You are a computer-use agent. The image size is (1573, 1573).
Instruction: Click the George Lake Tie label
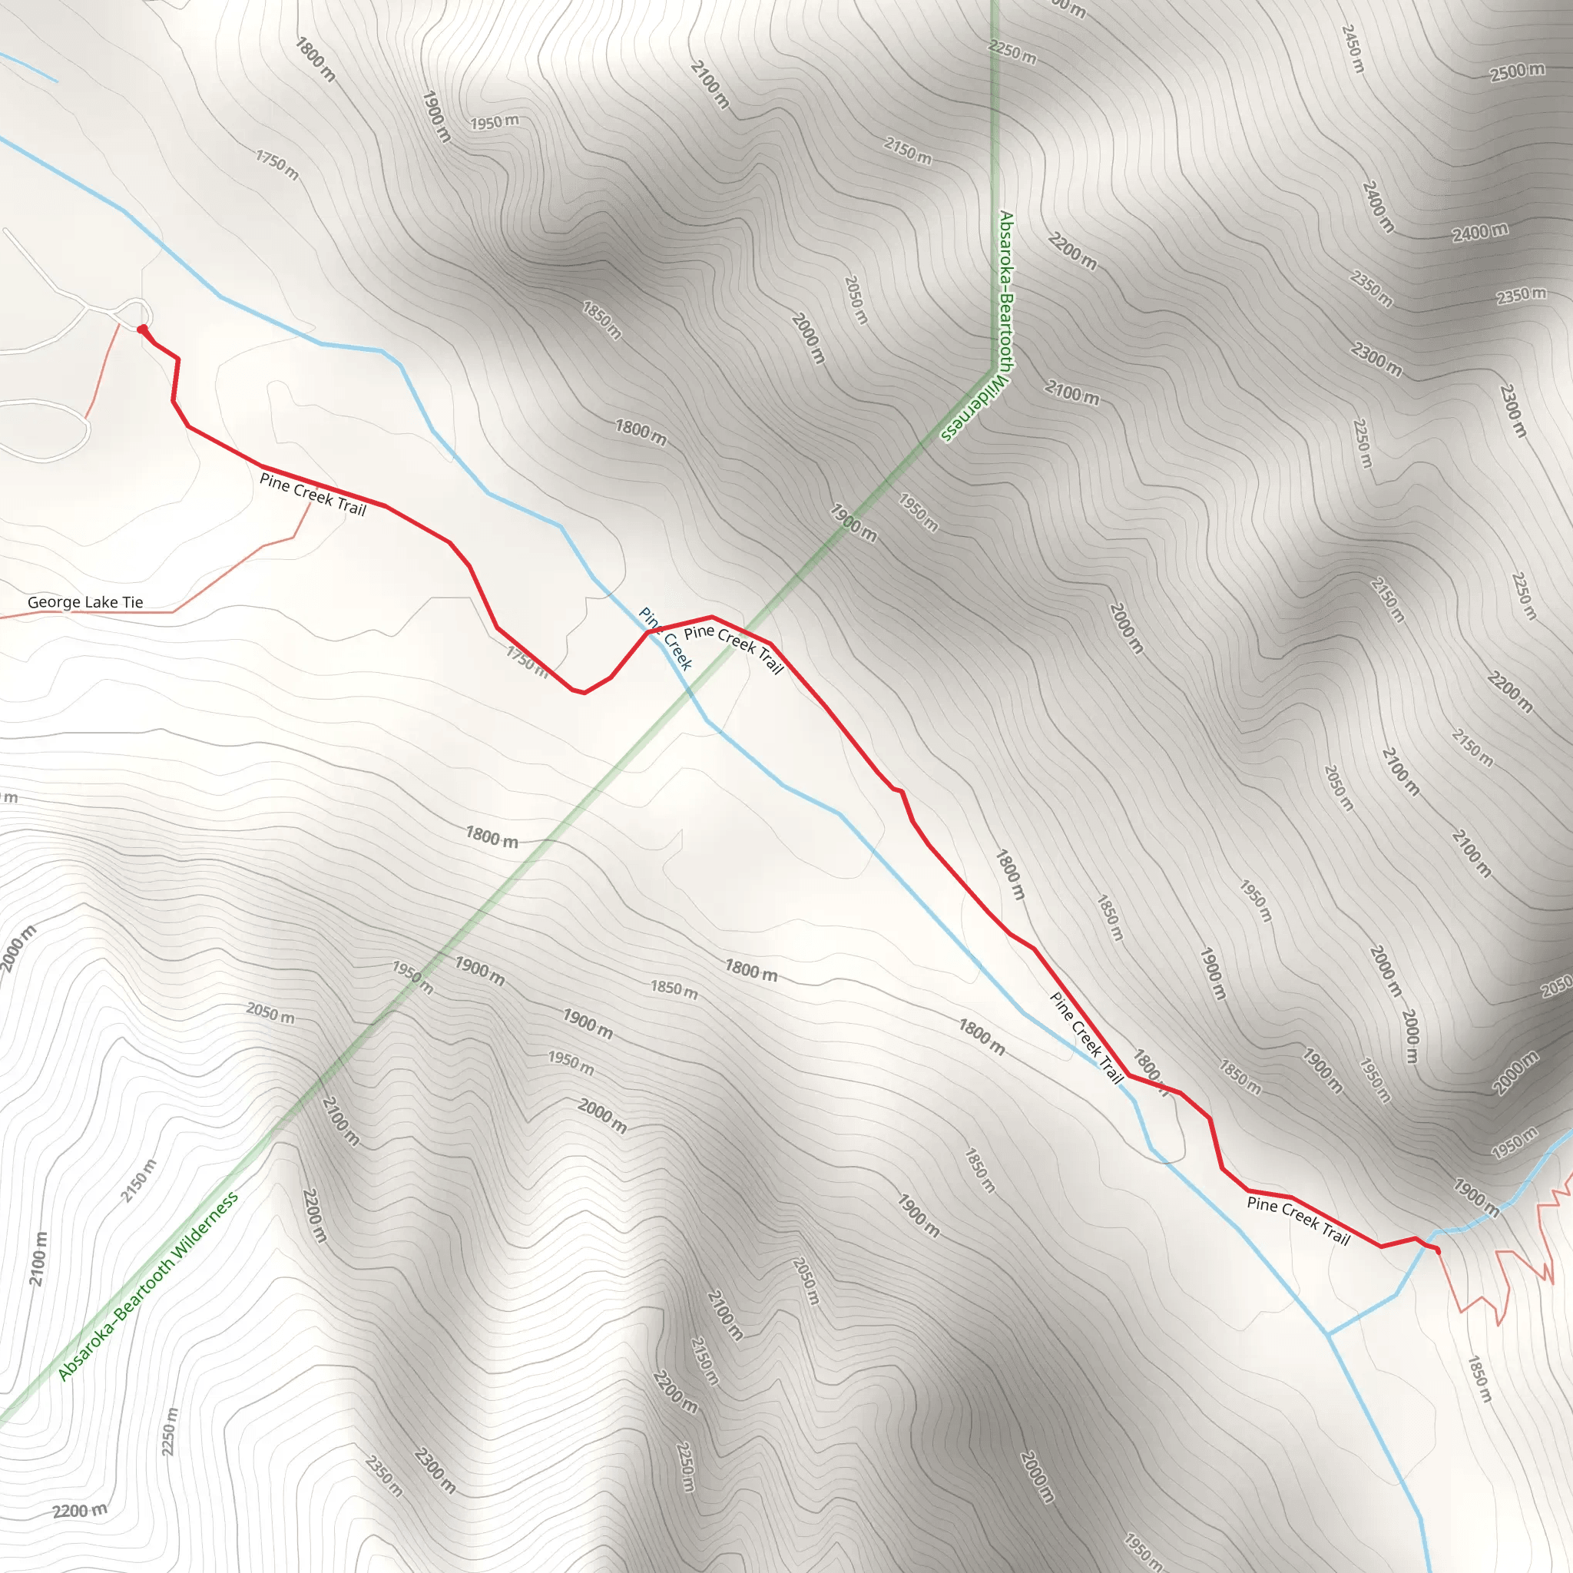click(84, 602)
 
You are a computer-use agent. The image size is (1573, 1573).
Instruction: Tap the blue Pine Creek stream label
click(665, 639)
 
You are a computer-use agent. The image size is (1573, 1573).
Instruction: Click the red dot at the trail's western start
click(143, 330)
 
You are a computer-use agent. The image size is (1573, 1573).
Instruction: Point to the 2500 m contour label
click(1517, 71)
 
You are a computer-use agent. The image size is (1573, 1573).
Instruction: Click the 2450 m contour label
click(1353, 48)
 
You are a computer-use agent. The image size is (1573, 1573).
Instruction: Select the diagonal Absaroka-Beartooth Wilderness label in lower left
click(148, 1287)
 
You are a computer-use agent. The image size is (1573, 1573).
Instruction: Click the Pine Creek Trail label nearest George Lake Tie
click(313, 494)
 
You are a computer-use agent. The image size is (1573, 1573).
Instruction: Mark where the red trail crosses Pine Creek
click(651, 631)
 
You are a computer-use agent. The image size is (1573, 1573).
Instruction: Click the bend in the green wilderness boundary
click(993, 370)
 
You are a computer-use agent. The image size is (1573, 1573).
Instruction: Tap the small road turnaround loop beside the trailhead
click(134, 312)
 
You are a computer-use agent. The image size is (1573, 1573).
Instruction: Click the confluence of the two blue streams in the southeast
click(1328, 1334)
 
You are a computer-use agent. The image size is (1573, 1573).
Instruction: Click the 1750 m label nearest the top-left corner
click(277, 164)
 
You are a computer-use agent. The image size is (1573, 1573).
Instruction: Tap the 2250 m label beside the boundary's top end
click(1012, 53)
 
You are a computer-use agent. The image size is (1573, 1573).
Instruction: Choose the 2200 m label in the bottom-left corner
click(80, 1511)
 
